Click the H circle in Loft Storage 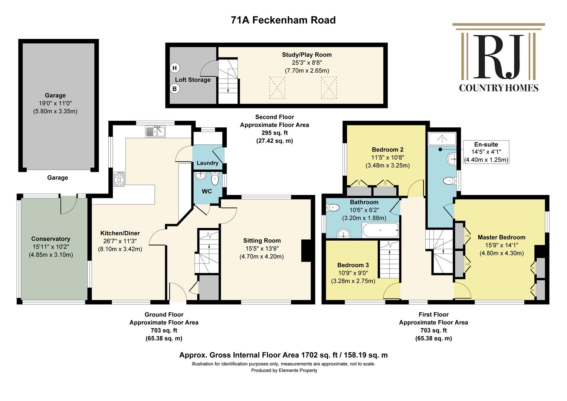point(174,68)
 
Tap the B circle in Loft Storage point(174,89)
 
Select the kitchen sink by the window point(155,131)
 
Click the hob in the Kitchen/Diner point(119,179)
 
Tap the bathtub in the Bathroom point(380,230)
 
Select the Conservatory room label point(50,239)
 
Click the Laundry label point(207,163)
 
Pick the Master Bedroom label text point(501,237)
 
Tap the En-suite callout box point(486,152)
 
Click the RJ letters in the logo point(498,56)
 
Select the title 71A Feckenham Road point(283,20)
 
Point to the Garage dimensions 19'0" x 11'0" point(55,103)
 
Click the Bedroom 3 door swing point(391,291)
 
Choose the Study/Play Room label point(307,55)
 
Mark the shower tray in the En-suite point(442,138)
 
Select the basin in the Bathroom point(344,233)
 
